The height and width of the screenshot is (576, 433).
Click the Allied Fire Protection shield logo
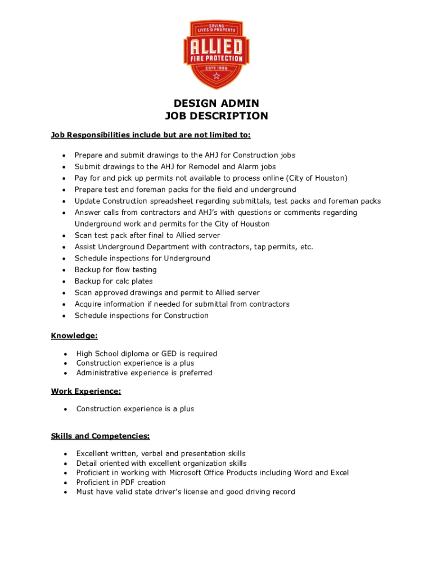tap(216, 55)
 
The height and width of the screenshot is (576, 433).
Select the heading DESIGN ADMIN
tap(216, 103)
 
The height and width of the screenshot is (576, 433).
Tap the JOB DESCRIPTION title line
tap(216, 116)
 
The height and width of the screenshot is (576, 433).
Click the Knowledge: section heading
tap(74, 336)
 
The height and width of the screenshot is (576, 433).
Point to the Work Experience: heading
tap(86, 391)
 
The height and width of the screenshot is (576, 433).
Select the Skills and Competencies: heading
tap(100, 436)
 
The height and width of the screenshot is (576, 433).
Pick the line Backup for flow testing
tap(116, 270)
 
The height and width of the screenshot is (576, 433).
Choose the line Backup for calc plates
tap(114, 281)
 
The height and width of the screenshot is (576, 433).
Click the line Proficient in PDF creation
tap(121, 482)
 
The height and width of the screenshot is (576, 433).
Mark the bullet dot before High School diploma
tap(66, 354)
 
